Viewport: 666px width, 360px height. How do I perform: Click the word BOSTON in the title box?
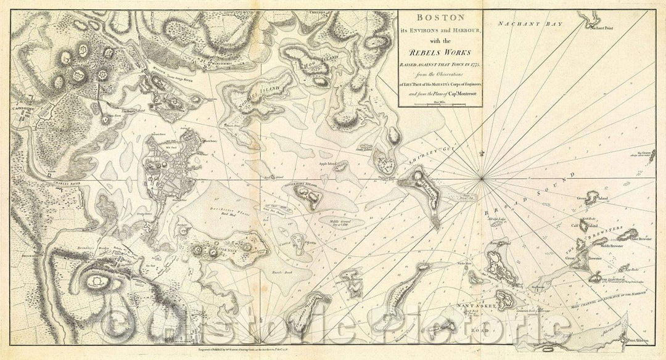(x=440, y=20)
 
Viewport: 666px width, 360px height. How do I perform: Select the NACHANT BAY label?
(x=519, y=23)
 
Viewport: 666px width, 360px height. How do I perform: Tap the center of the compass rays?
(x=481, y=179)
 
